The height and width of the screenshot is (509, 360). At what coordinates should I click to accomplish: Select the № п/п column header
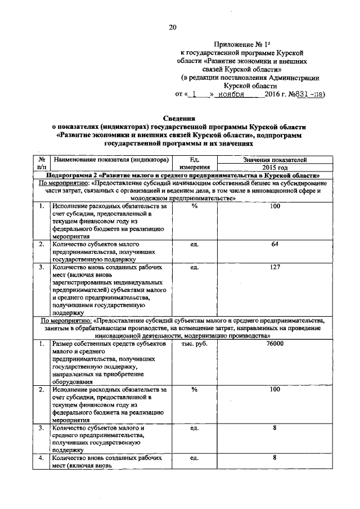41,163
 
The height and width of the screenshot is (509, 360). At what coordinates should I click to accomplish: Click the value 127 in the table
274,267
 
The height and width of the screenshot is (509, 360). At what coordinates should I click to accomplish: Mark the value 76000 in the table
274,343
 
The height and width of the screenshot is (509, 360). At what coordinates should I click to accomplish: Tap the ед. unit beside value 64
195,244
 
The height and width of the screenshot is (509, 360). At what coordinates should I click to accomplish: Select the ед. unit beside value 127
195,268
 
